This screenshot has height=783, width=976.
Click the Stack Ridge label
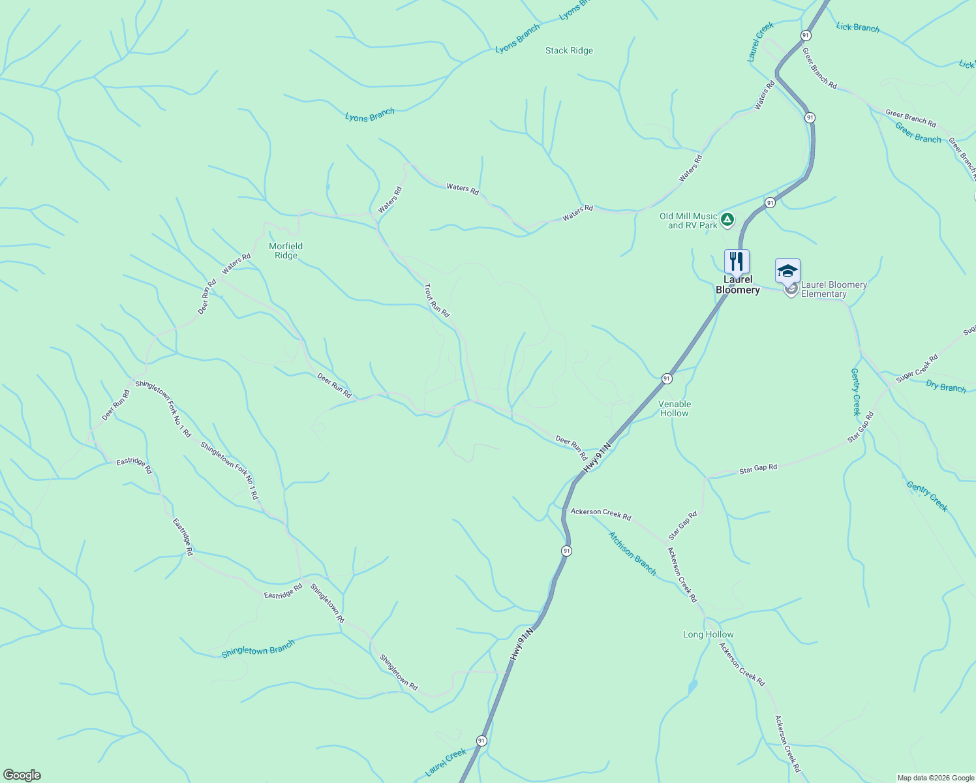pyautogui.click(x=569, y=50)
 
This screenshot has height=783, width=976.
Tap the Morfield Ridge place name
pyautogui.click(x=286, y=251)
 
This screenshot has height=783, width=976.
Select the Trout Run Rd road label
pyautogui.click(x=436, y=300)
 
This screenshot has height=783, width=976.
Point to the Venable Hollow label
pyautogui.click(x=675, y=408)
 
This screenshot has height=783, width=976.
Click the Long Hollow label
pyautogui.click(x=708, y=634)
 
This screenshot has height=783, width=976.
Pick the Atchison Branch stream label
pyautogui.click(x=632, y=553)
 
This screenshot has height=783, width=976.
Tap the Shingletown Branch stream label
pyautogui.click(x=258, y=649)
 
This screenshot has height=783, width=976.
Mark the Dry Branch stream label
pyautogui.click(x=945, y=386)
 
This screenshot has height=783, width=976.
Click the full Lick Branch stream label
pyautogui.click(x=857, y=27)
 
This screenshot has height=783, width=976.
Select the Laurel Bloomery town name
pyautogui.click(x=737, y=285)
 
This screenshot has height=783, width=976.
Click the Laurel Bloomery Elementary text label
pyautogui.click(x=833, y=289)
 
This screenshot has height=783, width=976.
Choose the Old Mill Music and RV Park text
pyautogui.click(x=688, y=221)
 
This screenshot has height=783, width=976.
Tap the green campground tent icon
pyautogui.click(x=727, y=219)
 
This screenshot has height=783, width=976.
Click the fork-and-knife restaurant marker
pyautogui.click(x=737, y=261)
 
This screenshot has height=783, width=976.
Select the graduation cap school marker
pyautogui.click(x=787, y=271)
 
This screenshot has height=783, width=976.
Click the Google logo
pyautogui.click(x=22, y=775)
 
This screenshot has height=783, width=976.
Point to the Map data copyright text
pyautogui.click(x=936, y=778)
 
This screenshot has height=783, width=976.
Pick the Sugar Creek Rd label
pyautogui.click(x=917, y=369)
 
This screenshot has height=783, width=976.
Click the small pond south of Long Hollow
pyautogui.click(x=692, y=686)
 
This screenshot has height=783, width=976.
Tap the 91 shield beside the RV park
pyautogui.click(x=770, y=202)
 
